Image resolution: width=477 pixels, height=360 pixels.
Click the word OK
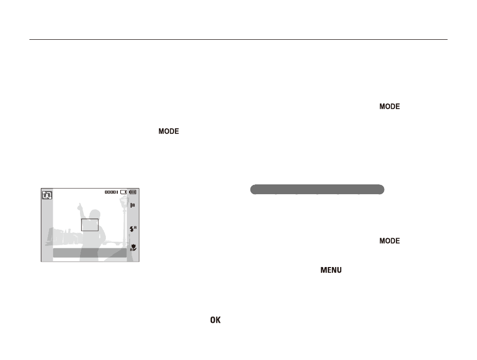[215, 320]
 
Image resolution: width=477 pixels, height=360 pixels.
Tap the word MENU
[331, 270]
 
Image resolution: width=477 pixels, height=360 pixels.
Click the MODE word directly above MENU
[389, 241]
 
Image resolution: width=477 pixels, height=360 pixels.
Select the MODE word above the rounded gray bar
[389, 106]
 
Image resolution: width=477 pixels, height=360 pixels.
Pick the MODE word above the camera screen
[168, 131]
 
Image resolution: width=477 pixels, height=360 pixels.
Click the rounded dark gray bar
[317, 189]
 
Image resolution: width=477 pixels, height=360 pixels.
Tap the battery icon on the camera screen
[133, 192]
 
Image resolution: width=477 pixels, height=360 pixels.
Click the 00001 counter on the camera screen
[111, 192]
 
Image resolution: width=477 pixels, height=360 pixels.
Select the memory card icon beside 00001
[123, 192]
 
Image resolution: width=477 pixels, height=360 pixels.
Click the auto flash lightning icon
[133, 228]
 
